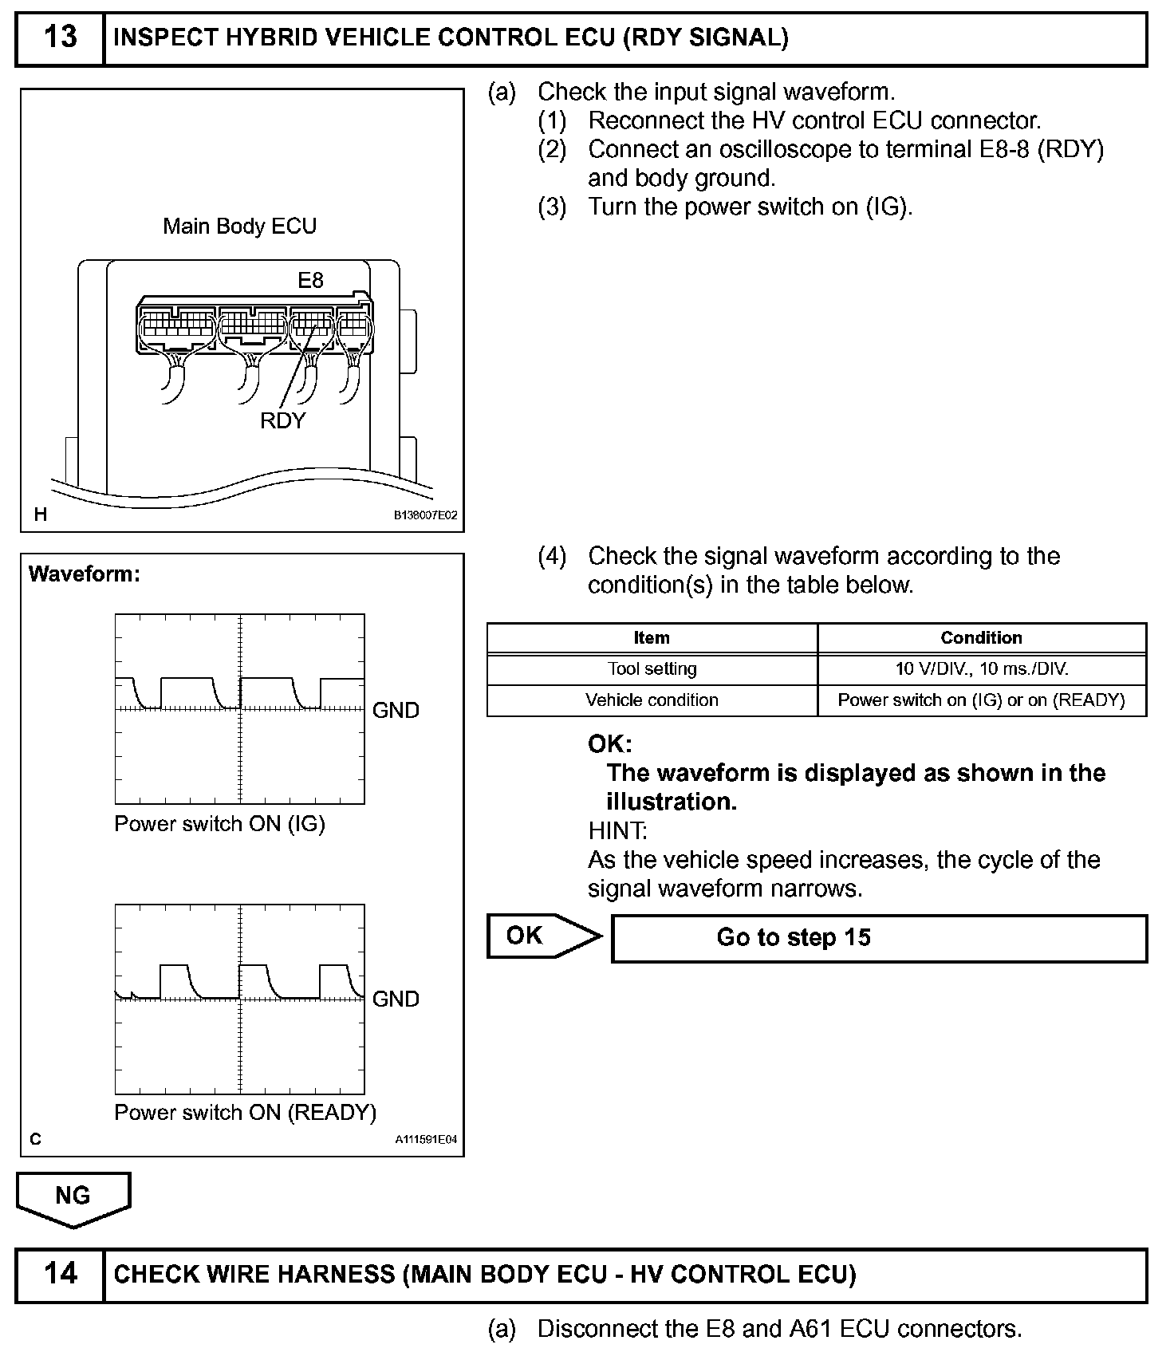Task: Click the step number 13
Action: pos(60,37)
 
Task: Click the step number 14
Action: pos(60,1273)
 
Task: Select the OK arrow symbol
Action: pos(543,936)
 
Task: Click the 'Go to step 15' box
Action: pos(879,937)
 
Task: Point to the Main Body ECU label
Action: pos(239,227)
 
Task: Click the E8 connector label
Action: pos(310,281)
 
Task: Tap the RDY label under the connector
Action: pos(282,421)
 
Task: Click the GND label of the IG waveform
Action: pos(396,711)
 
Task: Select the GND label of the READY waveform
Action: pos(396,999)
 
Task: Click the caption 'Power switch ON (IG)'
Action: pos(219,824)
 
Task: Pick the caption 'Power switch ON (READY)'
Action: pos(245,1113)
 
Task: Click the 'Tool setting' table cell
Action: pos(652,669)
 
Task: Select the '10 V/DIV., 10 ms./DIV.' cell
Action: pos(981,669)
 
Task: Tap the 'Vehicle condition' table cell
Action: pos(652,700)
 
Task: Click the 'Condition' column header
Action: pos(981,638)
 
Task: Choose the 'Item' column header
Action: pos(652,638)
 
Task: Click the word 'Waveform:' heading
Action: pos(84,574)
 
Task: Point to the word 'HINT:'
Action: pos(617,831)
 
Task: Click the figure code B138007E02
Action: pos(426,516)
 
